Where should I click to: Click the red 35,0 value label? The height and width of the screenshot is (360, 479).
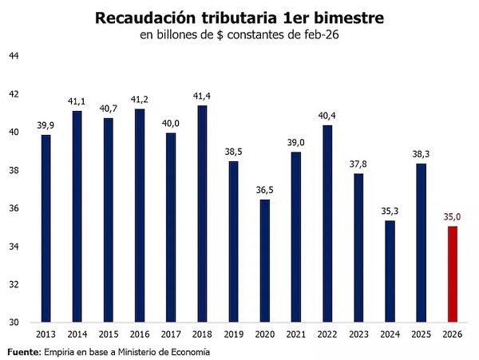pyautogui.click(x=452, y=216)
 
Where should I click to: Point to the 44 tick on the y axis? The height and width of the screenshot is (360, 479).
pyautogui.click(x=14, y=56)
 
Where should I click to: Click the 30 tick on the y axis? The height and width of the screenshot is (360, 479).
pyautogui.click(x=14, y=323)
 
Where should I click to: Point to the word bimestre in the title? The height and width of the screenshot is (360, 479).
pyautogui.click(x=344, y=18)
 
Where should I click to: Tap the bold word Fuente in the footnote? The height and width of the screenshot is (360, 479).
pyautogui.click(x=23, y=352)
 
